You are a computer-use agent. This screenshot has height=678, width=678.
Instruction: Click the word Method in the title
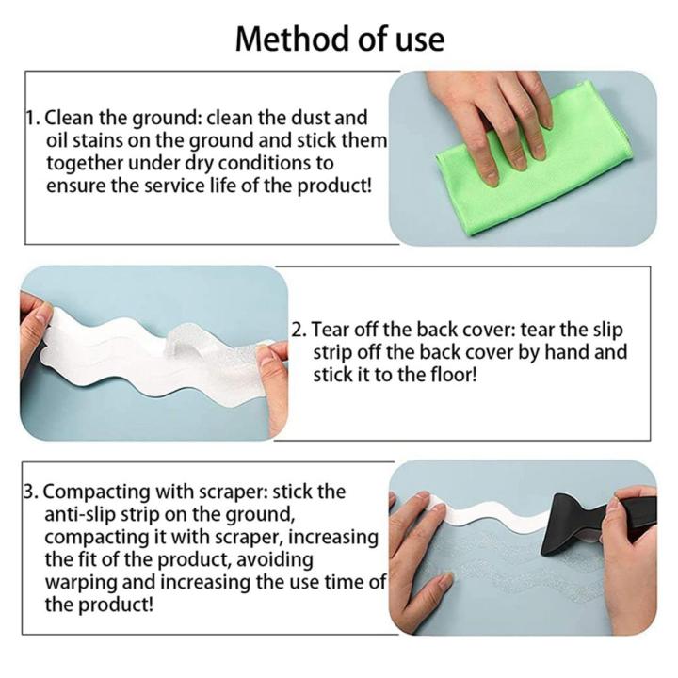pos(284,40)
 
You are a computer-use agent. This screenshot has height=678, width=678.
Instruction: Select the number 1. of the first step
pos(33,118)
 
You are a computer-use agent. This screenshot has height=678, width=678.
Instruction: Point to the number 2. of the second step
pos(299,330)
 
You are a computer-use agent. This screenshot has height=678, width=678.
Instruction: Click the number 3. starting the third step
pos(31,492)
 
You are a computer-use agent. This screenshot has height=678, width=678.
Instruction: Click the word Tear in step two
pos(330,330)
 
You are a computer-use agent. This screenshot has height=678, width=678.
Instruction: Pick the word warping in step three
pos(80,583)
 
